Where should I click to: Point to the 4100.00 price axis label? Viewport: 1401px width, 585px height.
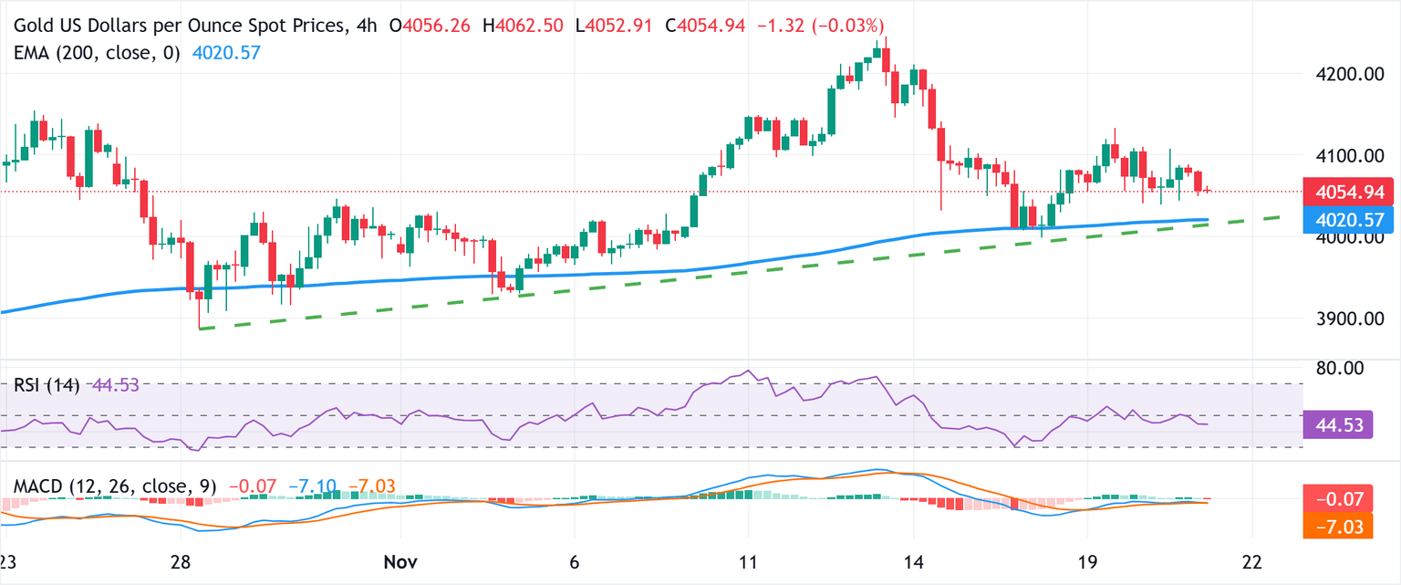tap(1342, 156)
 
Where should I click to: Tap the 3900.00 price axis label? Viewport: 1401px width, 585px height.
tap(1342, 319)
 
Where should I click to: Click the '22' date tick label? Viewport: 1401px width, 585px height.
tap(1252, 559)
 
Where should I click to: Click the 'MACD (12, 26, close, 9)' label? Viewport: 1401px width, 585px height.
tap(115, 486)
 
